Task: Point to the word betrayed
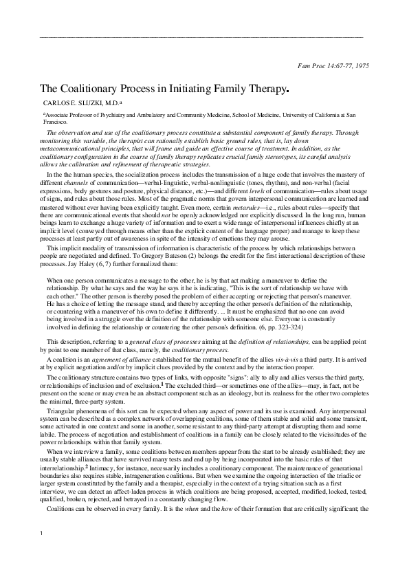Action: (x=136, y=501)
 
